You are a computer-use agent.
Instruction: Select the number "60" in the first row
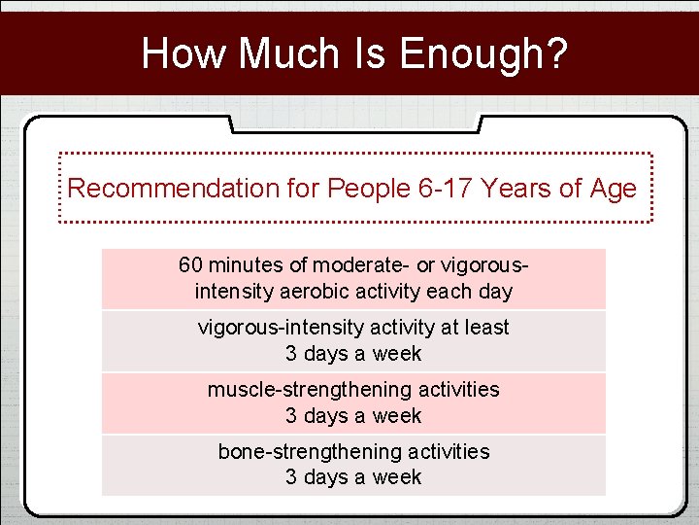191,265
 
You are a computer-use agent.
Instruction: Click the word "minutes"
243,265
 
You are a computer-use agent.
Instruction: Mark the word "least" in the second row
486,328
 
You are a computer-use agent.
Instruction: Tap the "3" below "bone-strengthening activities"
290,477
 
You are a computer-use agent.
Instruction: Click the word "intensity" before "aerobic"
235,292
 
